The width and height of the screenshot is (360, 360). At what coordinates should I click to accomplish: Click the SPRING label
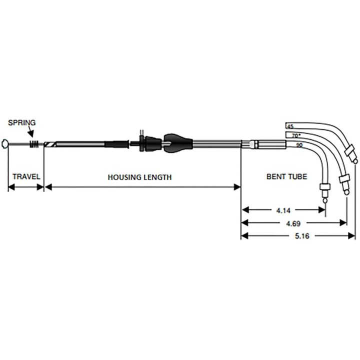[x=22, y=122]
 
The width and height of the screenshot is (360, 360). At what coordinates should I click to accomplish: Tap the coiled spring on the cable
[x=34, y=144]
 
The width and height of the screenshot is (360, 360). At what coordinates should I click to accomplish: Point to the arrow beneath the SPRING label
[x=30, y=132]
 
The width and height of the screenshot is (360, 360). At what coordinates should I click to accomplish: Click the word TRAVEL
[x=26, y=176]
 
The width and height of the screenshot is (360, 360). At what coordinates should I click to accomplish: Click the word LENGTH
[x=157, y=177]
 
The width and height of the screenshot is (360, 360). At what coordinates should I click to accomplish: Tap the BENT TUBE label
[x=287, y=176]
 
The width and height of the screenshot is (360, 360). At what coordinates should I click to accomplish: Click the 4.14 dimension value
[x=283, y=210]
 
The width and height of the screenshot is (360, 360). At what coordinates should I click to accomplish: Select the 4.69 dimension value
[x=293, y=223]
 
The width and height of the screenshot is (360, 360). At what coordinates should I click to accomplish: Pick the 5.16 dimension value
[x=302, y=236]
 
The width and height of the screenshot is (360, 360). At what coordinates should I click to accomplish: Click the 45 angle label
[x=290, y=126]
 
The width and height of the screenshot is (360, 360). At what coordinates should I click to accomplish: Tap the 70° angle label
[x=296, y=135]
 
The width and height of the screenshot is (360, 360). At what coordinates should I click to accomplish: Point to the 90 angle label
[x=299, y=145]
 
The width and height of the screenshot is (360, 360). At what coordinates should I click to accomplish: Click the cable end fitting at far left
[x=4, y=144]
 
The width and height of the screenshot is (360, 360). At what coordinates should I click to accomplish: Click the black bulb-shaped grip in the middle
[x=177, y=143]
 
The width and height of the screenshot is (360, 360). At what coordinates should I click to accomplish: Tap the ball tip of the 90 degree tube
[x=325, y=201]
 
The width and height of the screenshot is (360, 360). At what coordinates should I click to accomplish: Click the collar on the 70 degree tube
[x=344, y=178]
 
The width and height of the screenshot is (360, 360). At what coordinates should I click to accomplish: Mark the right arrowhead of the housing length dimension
[x=237, y=187]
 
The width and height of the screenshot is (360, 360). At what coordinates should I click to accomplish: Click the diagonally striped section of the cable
[x=50, y=144]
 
